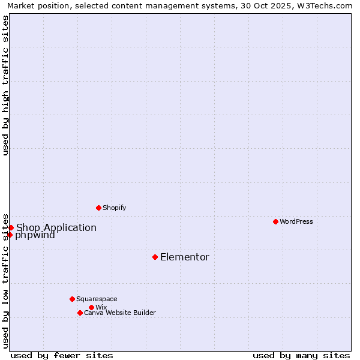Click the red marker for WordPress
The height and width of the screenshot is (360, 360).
pyautogui.click(x=275, y=221)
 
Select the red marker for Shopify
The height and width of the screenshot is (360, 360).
pyautogui.click(x=99, y=208)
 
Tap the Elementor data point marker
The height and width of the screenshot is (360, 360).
pyautogui.click(x=155, y=257)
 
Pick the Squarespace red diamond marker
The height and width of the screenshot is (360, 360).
pyautogui.click(x=72, y=299)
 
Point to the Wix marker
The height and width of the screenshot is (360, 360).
pyautogui.click(x=91, y=307)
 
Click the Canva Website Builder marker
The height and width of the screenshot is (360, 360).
pyautogui.click(x=80, y=313)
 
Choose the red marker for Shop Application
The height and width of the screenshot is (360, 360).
pyautogui.click(x=11, y=227)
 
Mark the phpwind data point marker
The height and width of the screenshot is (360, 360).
pyautogui.click(x=10, y=235)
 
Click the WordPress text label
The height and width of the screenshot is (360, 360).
pyautogui.click(x=296, y=221)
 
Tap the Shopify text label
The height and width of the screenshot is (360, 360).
pyautogui.click(x=115, y=208)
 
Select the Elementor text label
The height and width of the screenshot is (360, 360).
pyautogui.click(x=185, y=257)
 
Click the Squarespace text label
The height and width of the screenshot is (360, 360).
pyautogui.click(x=97, y=299)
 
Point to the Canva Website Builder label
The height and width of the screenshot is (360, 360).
pyautogui.click(x=120, y=313)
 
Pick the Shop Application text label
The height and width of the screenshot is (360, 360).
pyautogui.click(x=56, y=228)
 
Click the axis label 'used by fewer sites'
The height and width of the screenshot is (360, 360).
pyautogui.click(x=62, y=355)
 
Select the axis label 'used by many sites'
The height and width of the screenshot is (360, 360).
pyautogui.click(x=301, y=355)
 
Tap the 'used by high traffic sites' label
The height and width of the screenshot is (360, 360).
pyautogui.click(x=5, y=86)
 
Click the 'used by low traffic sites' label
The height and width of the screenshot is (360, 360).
pyautogui.click(x=5, y=280)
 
